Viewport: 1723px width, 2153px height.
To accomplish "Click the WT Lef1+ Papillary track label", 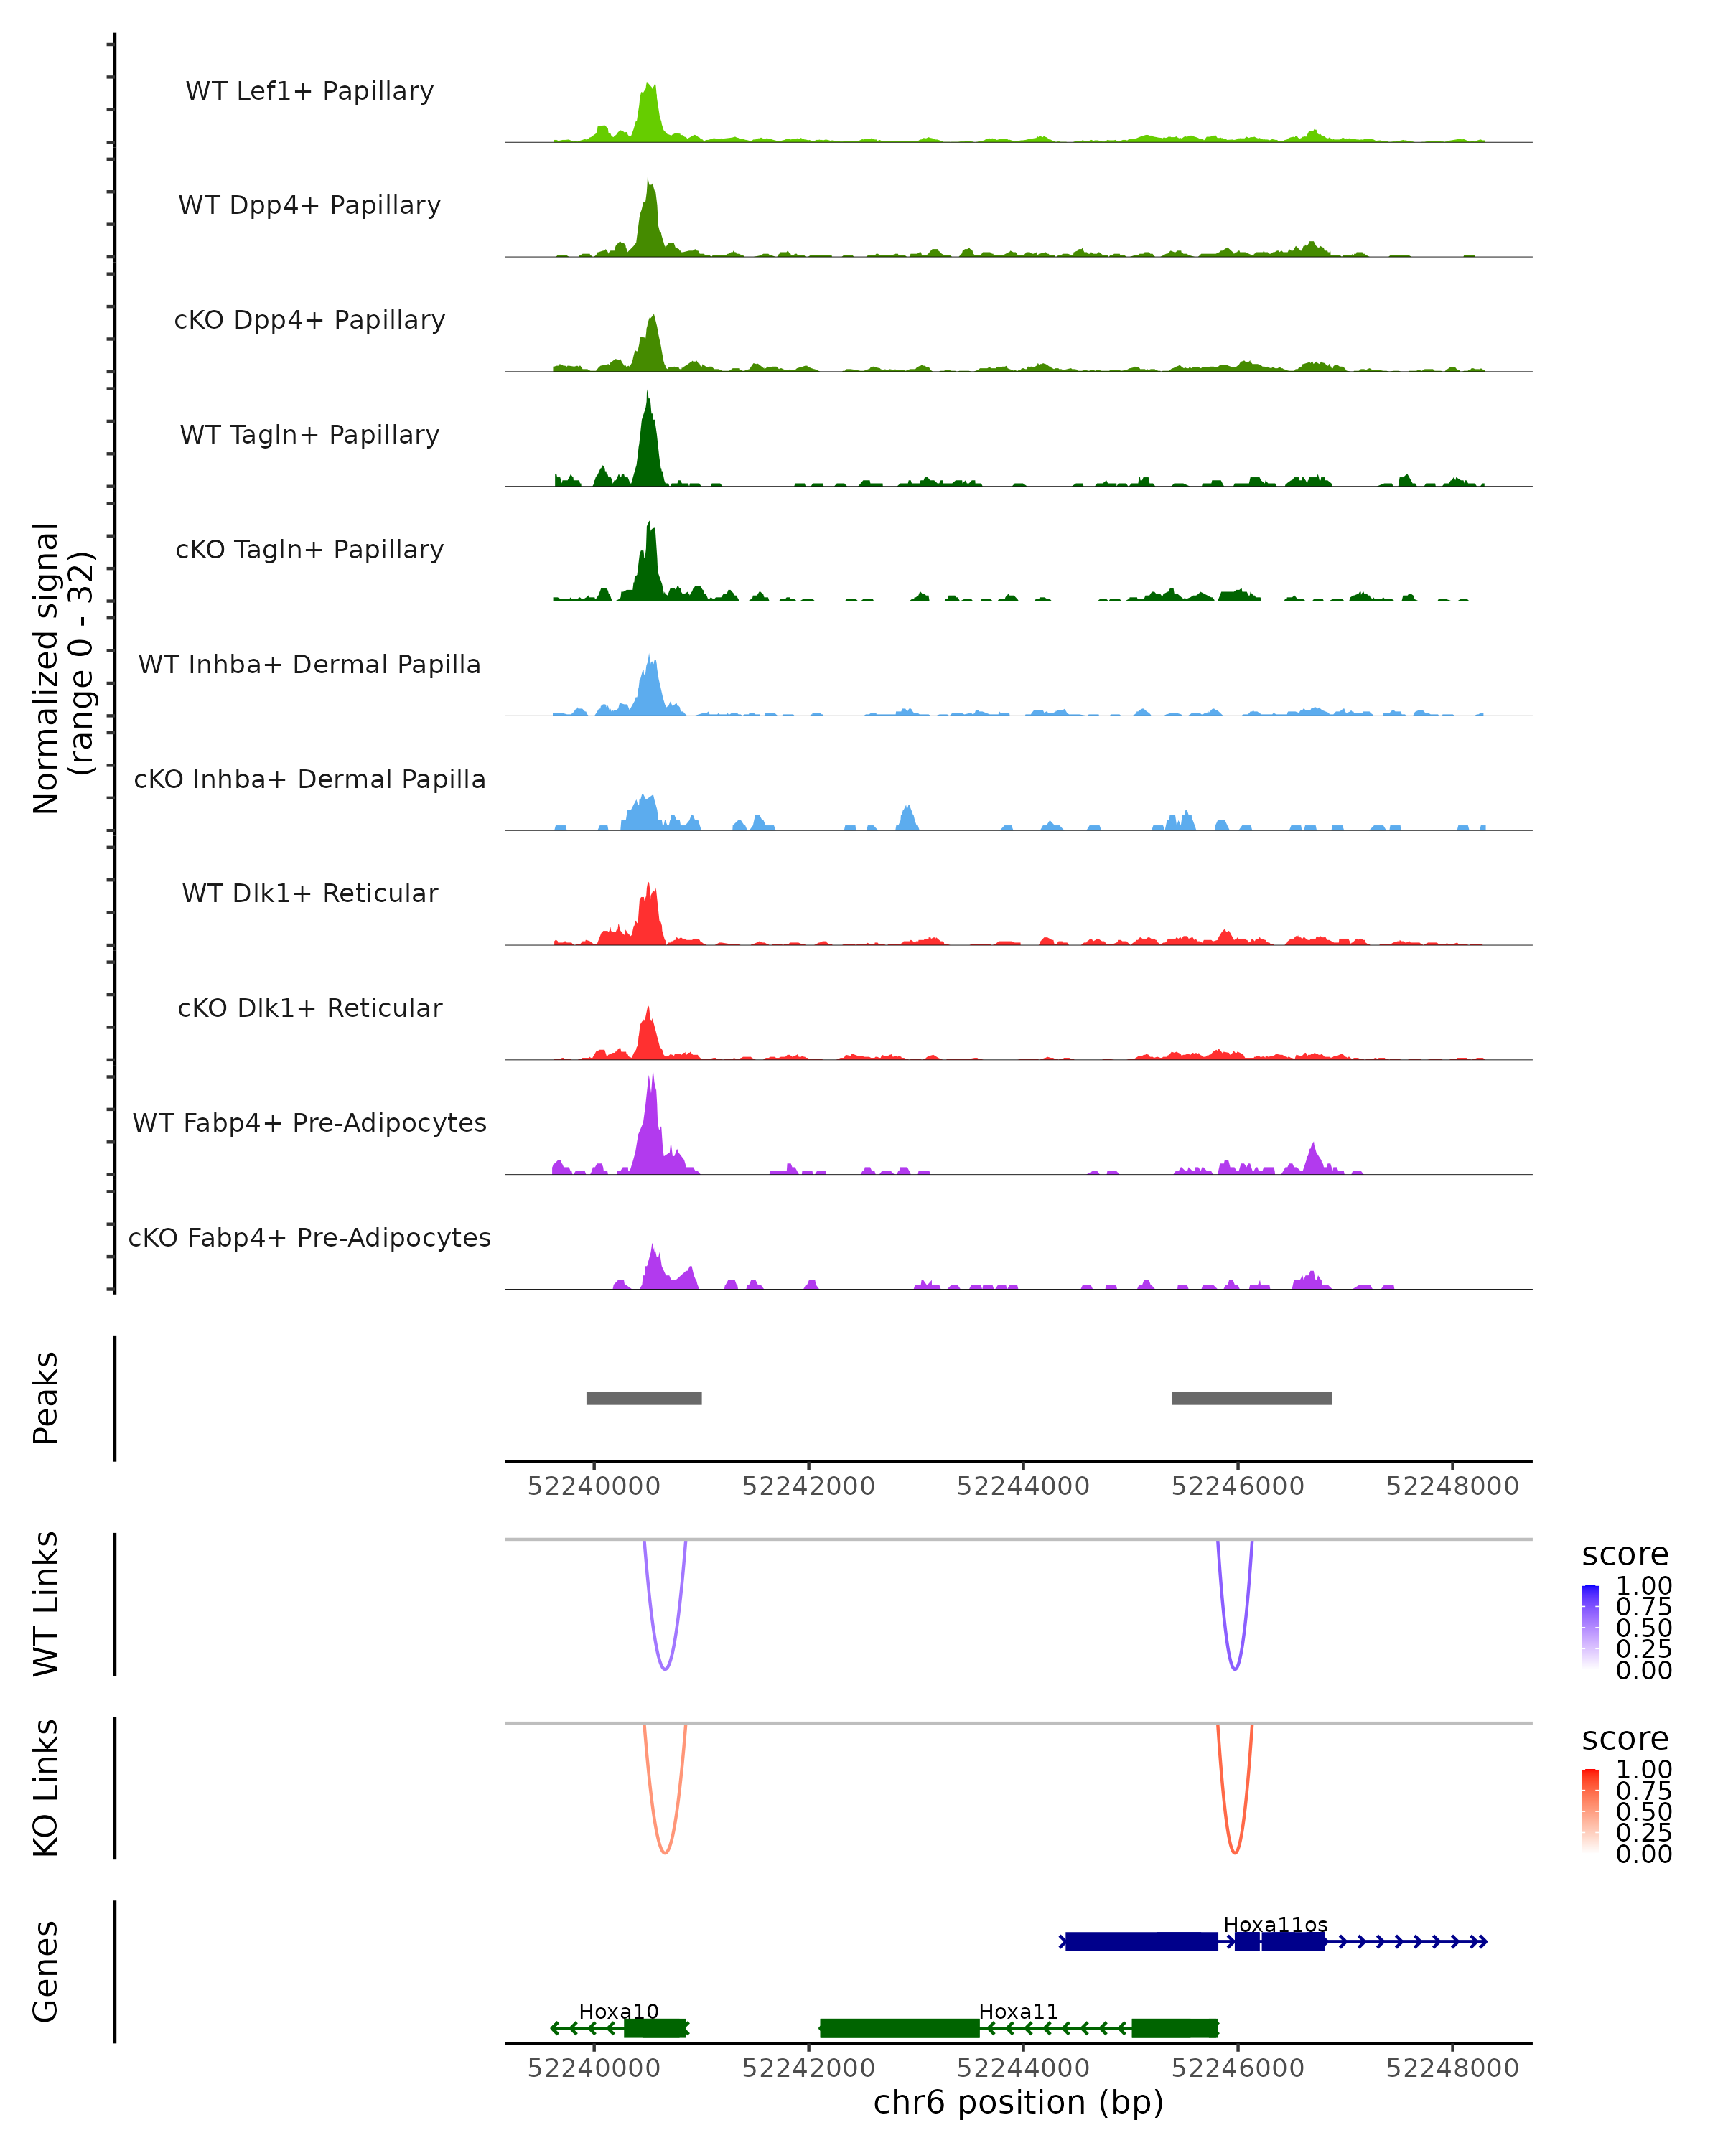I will (309, 91).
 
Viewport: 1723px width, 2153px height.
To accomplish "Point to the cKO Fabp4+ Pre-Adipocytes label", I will (309, 1237).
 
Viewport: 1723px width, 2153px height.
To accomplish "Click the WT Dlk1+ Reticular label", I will (309, 893).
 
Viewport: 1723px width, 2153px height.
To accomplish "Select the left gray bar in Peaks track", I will (643, 1398).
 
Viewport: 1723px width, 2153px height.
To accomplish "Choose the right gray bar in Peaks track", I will (1251, 1398).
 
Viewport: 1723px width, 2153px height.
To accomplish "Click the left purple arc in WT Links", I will (664, 1668).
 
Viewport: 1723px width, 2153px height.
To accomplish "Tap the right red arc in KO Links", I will (1236, 1852).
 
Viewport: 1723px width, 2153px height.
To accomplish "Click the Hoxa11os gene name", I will (1276, 1924).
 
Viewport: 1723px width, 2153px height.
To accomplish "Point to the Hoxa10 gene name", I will (618, 2011).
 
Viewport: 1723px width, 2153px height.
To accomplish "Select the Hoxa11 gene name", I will (1018, 2011).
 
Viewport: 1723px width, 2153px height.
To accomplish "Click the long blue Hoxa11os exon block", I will (1141, 1941).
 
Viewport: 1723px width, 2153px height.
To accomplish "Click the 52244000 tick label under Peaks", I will (1023, 1486).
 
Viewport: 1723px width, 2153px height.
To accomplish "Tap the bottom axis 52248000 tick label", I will (1452, 2068).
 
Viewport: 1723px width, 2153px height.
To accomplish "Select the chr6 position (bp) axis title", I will (1018, 2102).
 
